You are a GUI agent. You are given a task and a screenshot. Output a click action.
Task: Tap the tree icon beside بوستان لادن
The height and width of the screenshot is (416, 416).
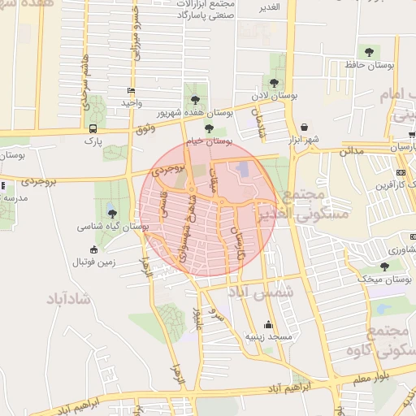pos(273,82)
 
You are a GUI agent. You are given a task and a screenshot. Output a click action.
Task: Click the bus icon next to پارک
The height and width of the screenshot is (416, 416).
pos(93,128)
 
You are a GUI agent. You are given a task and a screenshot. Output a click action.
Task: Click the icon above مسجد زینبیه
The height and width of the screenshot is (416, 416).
pos(269,325)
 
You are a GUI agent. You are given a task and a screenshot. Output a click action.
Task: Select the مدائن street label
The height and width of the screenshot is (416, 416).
pos(351,150)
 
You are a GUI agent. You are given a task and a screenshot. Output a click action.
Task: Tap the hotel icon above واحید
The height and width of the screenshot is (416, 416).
pos(132,91)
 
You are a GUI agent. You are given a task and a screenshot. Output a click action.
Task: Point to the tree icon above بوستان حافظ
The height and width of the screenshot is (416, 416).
pos(370,51)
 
